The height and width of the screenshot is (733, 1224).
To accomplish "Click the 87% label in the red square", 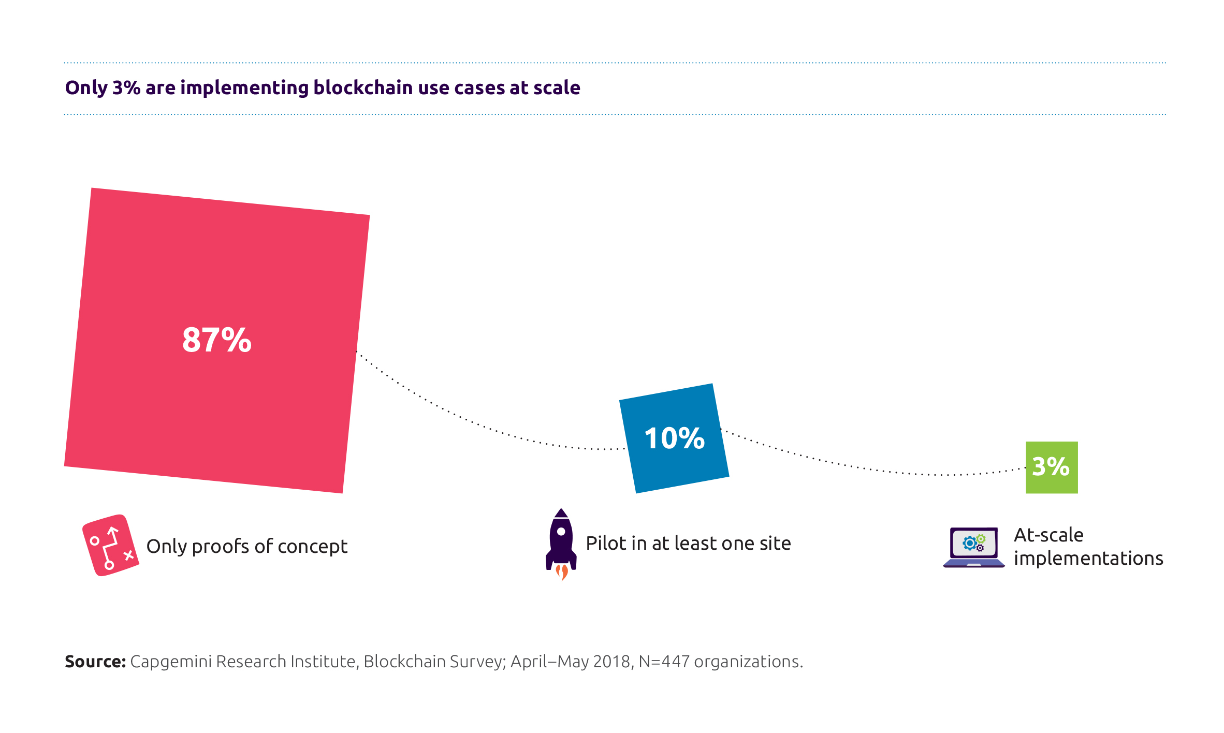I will point(217,340).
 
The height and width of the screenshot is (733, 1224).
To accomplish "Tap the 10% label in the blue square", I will point(674,438).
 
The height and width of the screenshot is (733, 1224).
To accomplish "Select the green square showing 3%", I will point(1052,467).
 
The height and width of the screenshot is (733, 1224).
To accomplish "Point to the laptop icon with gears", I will point(974,547).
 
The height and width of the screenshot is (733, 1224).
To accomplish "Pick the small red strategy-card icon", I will point(110,545).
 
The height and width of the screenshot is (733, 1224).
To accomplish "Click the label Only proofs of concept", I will point(247,547).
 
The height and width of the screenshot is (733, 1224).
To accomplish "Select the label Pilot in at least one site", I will point(688,544).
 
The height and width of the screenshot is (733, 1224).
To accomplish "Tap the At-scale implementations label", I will point(1088,547).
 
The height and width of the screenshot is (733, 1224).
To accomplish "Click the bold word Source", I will point(95,662).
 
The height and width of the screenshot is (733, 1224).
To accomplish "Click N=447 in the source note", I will point(664,662).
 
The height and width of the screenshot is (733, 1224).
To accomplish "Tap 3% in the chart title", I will point(126,87).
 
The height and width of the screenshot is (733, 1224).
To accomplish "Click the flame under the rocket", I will point(562,572).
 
